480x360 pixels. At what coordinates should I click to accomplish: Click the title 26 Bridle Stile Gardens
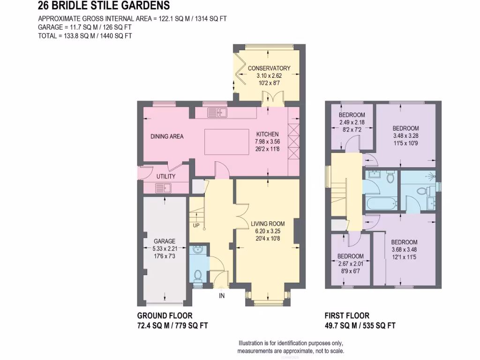coord(104,6)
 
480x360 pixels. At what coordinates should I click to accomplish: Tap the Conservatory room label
coord(269,68)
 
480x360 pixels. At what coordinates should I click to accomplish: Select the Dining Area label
coord(167,137)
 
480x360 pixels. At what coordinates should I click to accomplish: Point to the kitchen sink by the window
coord(217,112)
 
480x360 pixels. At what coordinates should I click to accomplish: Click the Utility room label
coord(166,177)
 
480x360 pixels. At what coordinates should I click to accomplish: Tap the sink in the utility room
coord(164,188)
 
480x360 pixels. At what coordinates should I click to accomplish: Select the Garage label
coord(164,241)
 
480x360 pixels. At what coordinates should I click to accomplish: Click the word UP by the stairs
coord(196,225)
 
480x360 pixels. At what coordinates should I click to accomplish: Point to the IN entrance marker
coord(222,296)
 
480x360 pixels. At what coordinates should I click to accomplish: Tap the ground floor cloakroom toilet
coord(197,275)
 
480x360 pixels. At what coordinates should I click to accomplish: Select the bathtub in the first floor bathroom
coord(380,204)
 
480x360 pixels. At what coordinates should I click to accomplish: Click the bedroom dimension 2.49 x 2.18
coord(352,123)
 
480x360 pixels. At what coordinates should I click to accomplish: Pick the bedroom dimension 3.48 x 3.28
coord(405,136)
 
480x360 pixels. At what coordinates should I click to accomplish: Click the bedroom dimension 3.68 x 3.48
coord(404,250)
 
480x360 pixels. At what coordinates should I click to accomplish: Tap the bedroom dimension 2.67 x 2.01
coord(351,263)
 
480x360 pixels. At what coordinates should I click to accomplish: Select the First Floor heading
coord(347,316)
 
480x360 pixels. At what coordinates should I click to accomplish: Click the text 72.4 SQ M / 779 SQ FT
coord(172,325)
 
